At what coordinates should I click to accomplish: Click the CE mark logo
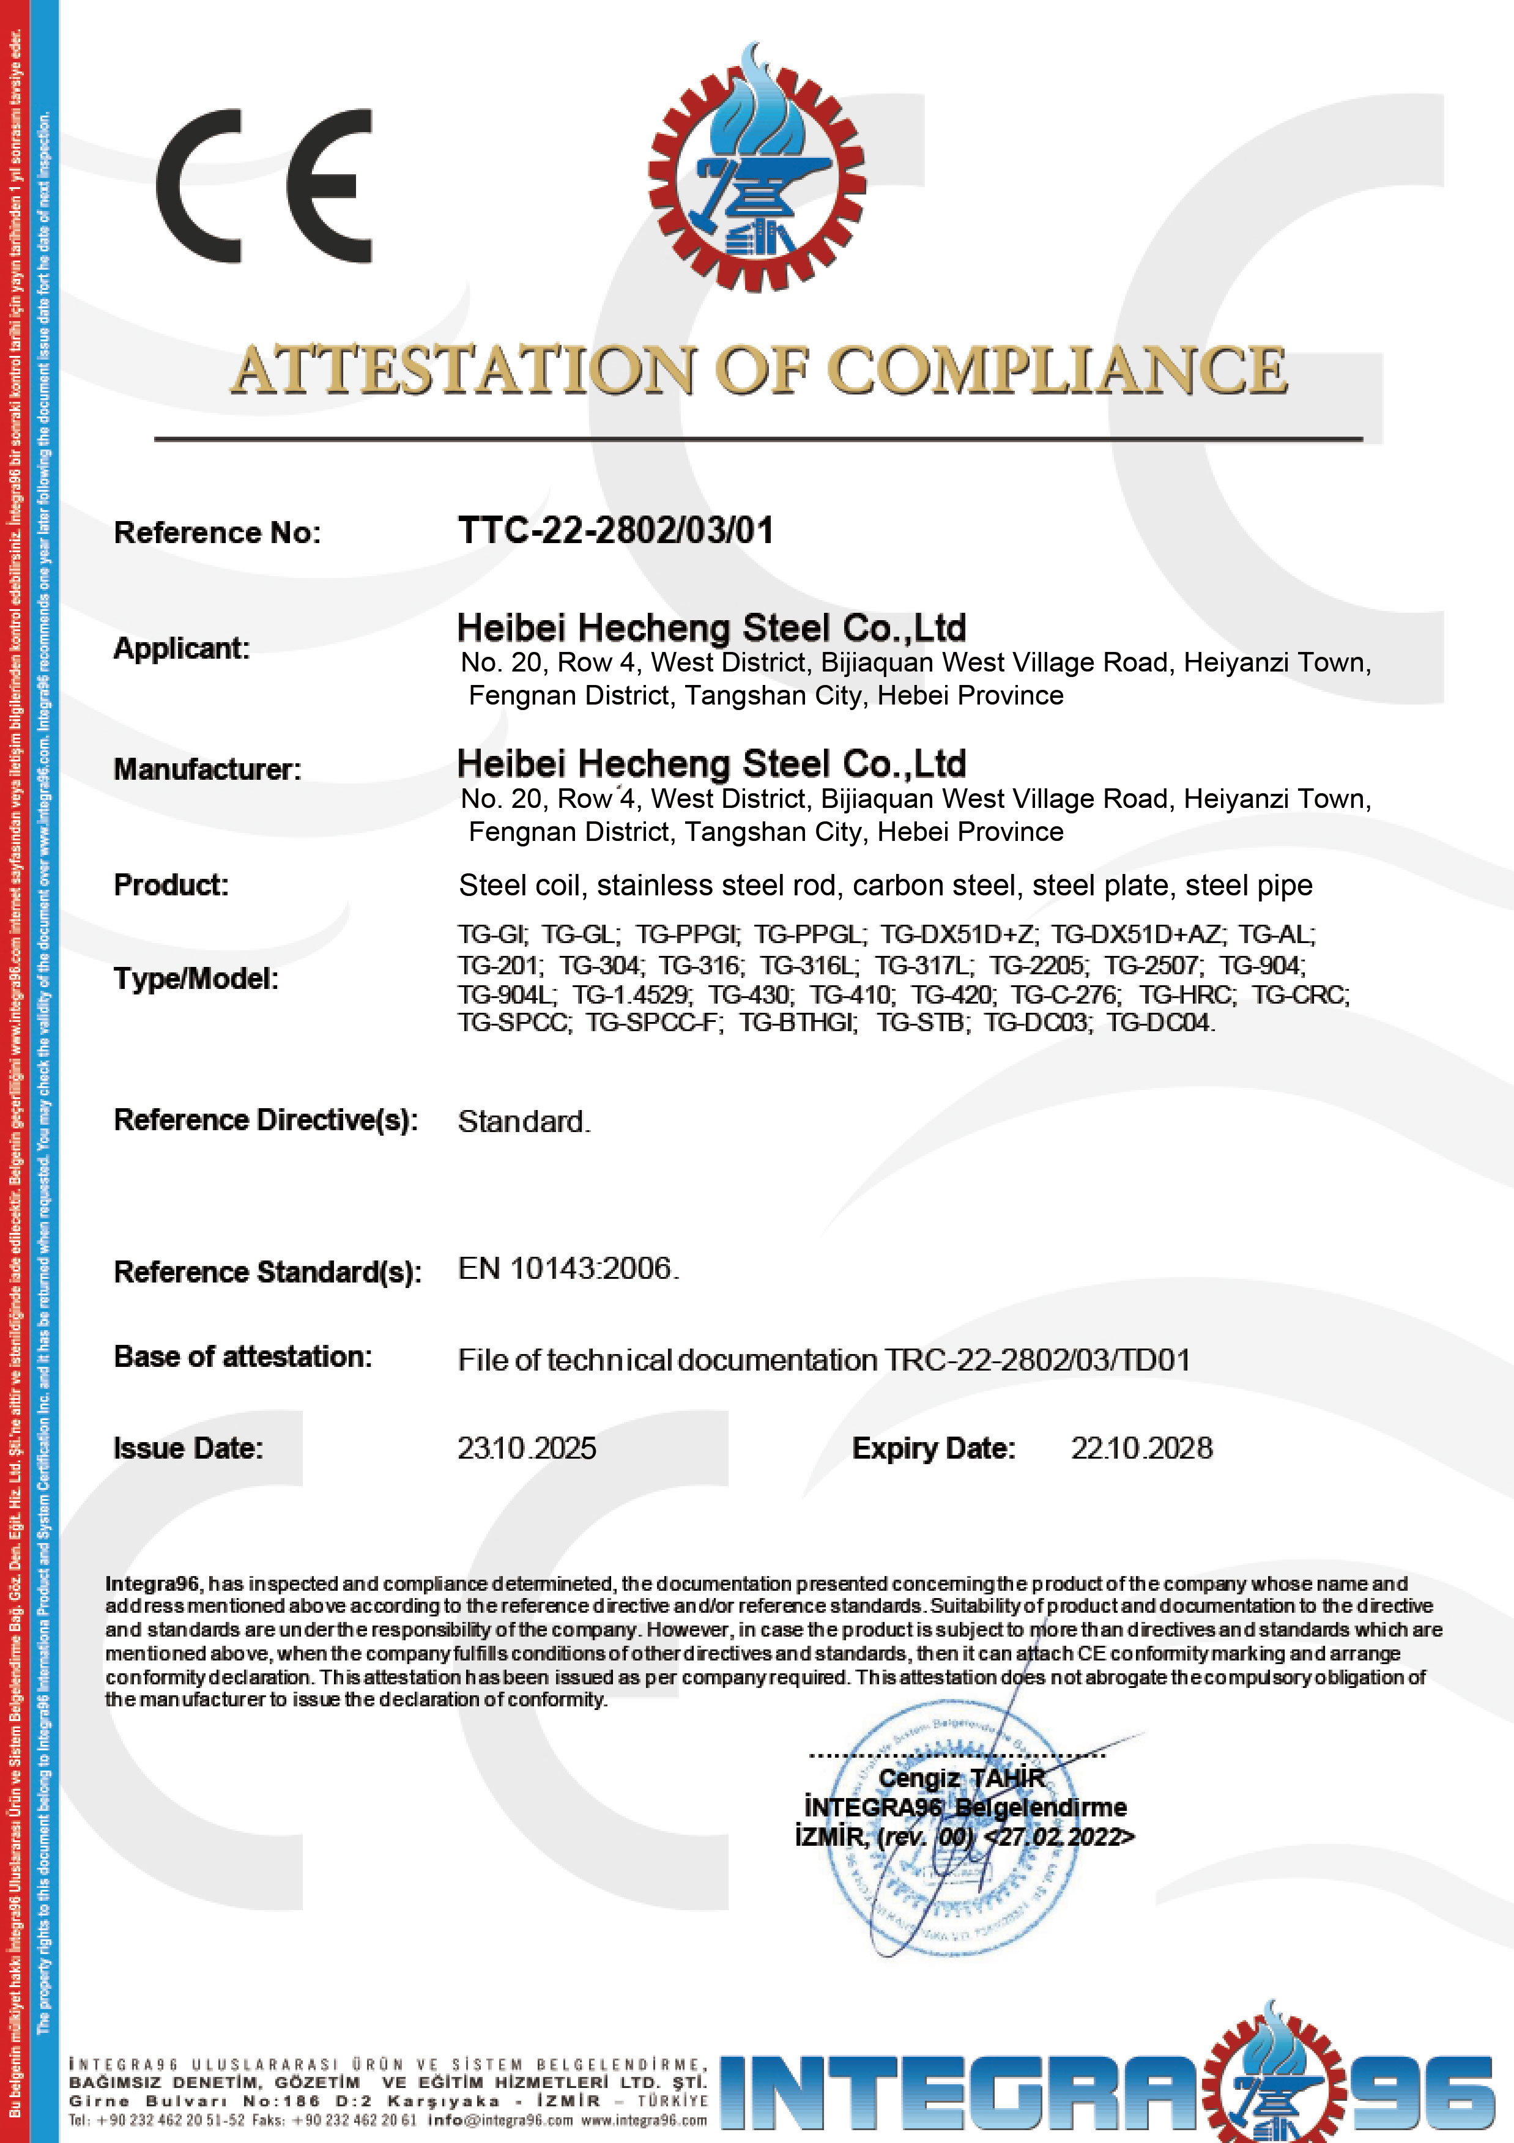(264, 186)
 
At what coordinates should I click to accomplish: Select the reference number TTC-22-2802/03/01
(616, 530)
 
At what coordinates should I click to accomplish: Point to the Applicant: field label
(182, 648)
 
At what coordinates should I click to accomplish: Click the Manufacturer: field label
(207, 769)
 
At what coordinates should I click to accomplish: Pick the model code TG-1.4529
(632, 994)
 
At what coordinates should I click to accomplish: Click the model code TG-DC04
(1160, 1023)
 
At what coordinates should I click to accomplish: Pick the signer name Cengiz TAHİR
(962, 1778)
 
